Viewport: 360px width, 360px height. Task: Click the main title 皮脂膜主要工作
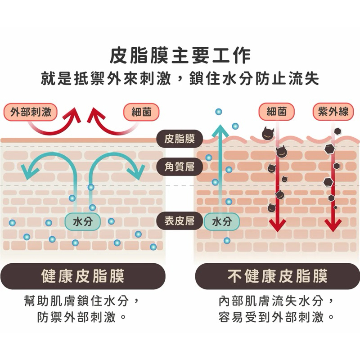(180, 56)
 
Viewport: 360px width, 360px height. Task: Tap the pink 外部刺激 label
(31, 112)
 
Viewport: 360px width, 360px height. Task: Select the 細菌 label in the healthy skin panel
(141, 112)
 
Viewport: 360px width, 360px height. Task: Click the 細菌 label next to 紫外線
(277, 111)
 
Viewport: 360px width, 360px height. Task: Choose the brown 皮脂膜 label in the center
(180, 138)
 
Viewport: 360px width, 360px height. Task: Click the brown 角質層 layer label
(180, 167)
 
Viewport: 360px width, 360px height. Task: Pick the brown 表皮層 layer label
(179, 221)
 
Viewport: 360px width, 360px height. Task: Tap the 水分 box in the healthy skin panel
(83, 221)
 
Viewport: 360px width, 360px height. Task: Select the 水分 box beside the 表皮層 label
(221, 221)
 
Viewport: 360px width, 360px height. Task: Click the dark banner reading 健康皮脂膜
(83, 276)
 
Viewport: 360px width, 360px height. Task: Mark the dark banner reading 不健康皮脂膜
(277, 276)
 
